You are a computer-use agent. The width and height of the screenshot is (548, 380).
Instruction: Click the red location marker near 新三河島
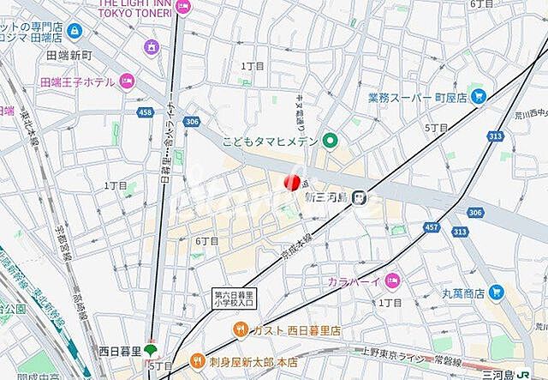pos(292,181)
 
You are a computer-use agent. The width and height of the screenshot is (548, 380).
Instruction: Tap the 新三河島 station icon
pos(363,196)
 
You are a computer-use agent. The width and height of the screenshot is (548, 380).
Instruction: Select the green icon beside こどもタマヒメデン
pos(330,142)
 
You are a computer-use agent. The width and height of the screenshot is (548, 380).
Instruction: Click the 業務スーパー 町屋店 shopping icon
pos(479,96)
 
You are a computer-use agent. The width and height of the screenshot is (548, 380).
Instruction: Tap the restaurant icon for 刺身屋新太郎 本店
pos(197,359)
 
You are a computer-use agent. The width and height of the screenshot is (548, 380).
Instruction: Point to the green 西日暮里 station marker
pos(151,350)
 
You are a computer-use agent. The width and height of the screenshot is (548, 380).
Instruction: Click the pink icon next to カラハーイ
pos(392,280)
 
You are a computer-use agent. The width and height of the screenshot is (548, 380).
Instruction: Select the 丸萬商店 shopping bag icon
pos(494,293)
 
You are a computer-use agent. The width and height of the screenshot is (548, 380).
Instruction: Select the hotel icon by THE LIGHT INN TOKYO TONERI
pos(186,8)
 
